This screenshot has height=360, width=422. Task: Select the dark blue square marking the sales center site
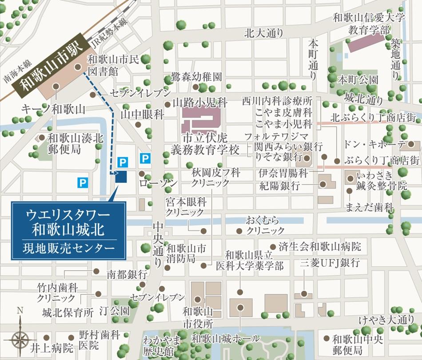(121, 177)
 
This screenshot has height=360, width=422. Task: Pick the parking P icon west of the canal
(82, 182)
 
